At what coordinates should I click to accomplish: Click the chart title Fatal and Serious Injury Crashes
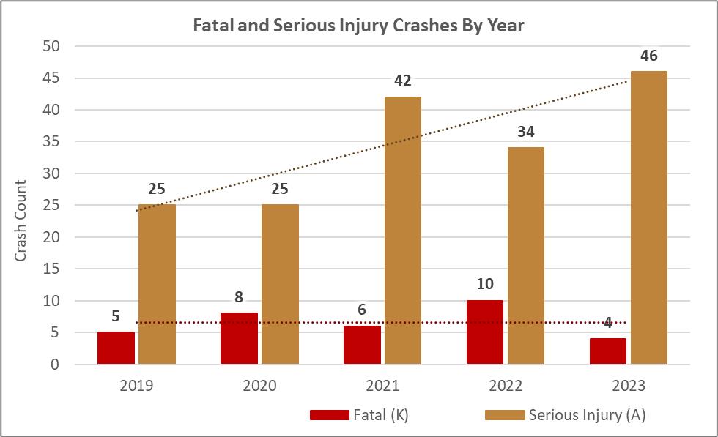pyautogui.click(x=358, y=25)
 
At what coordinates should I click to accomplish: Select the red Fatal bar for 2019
pyautogui.click(x=116, y=348)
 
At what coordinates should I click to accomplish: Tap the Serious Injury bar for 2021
pyautogui.click(x=403, y=231)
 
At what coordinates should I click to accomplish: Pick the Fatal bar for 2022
pyautogui.click(x=485, y=332)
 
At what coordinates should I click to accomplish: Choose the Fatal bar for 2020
pyautogui.click(x=239, y=338)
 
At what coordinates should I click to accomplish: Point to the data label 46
pyautogui.click(x=649, y=55)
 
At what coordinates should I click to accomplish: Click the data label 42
pyautogui.click(x=403, y=81)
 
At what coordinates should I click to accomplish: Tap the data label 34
pyautogui.click(x=526, y=132)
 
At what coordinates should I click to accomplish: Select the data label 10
pyautogui.click(x=485, y=285)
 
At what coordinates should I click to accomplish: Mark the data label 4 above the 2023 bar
pyautogui.click(x=608, y=323)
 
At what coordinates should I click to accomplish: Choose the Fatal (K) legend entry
pyautogui.click(x=360, y=415)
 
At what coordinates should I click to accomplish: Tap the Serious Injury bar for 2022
pyautogui.click(x=526, y=255)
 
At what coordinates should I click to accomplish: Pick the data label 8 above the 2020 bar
pyautogui.click(x=239, y=297)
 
